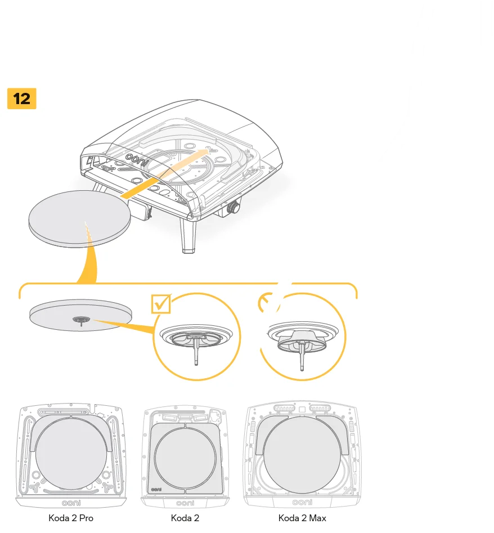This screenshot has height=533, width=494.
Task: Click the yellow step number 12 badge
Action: [x=21, y=98]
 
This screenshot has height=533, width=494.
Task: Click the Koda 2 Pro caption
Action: [x=71, y=518]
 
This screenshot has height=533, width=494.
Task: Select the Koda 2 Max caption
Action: [x=302, y=518]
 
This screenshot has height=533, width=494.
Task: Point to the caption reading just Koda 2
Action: [x=185, y=518]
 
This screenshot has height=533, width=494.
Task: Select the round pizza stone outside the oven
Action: [x=79, y=217]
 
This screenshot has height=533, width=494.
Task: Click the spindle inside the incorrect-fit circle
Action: [x=302, y=355]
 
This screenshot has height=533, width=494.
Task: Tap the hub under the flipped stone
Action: [x=82, y=320]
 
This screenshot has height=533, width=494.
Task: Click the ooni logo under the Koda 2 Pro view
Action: [x=71, y=502]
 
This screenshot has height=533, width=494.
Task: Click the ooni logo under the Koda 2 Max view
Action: [x=302, y=502]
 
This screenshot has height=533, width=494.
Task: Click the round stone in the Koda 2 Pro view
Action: [x=71, y=453]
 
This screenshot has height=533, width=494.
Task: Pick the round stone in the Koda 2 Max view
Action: [x=302, y=453]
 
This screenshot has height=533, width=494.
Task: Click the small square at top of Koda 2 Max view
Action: [x=302, y=409]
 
